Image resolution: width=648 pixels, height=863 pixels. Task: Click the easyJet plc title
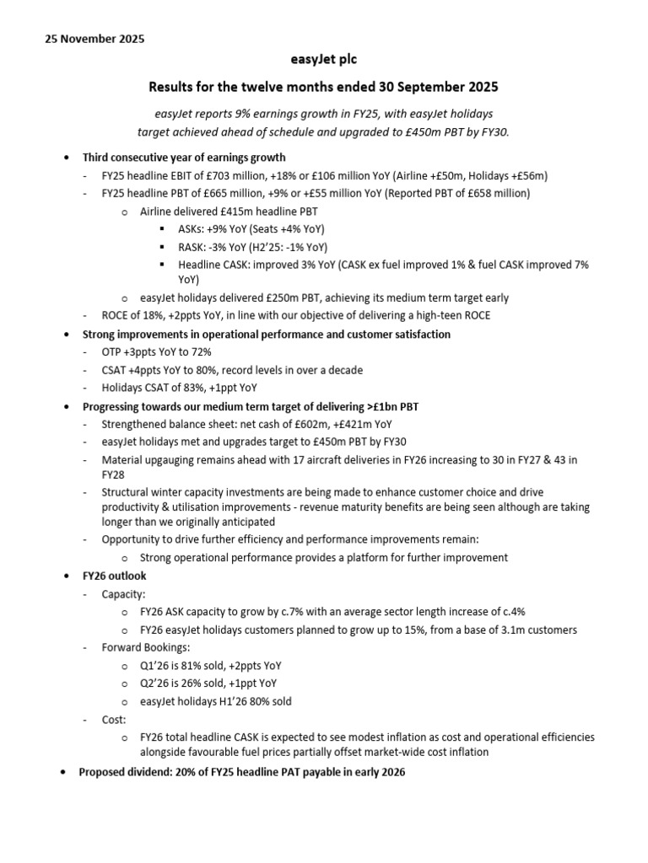point(324,60)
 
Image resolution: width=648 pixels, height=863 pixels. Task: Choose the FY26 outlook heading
point(114,576)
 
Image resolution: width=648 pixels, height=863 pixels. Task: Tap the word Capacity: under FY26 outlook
point(123,593)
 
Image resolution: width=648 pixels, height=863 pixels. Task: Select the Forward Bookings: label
point(145,647)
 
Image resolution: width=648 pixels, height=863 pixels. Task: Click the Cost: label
point(114,720)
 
